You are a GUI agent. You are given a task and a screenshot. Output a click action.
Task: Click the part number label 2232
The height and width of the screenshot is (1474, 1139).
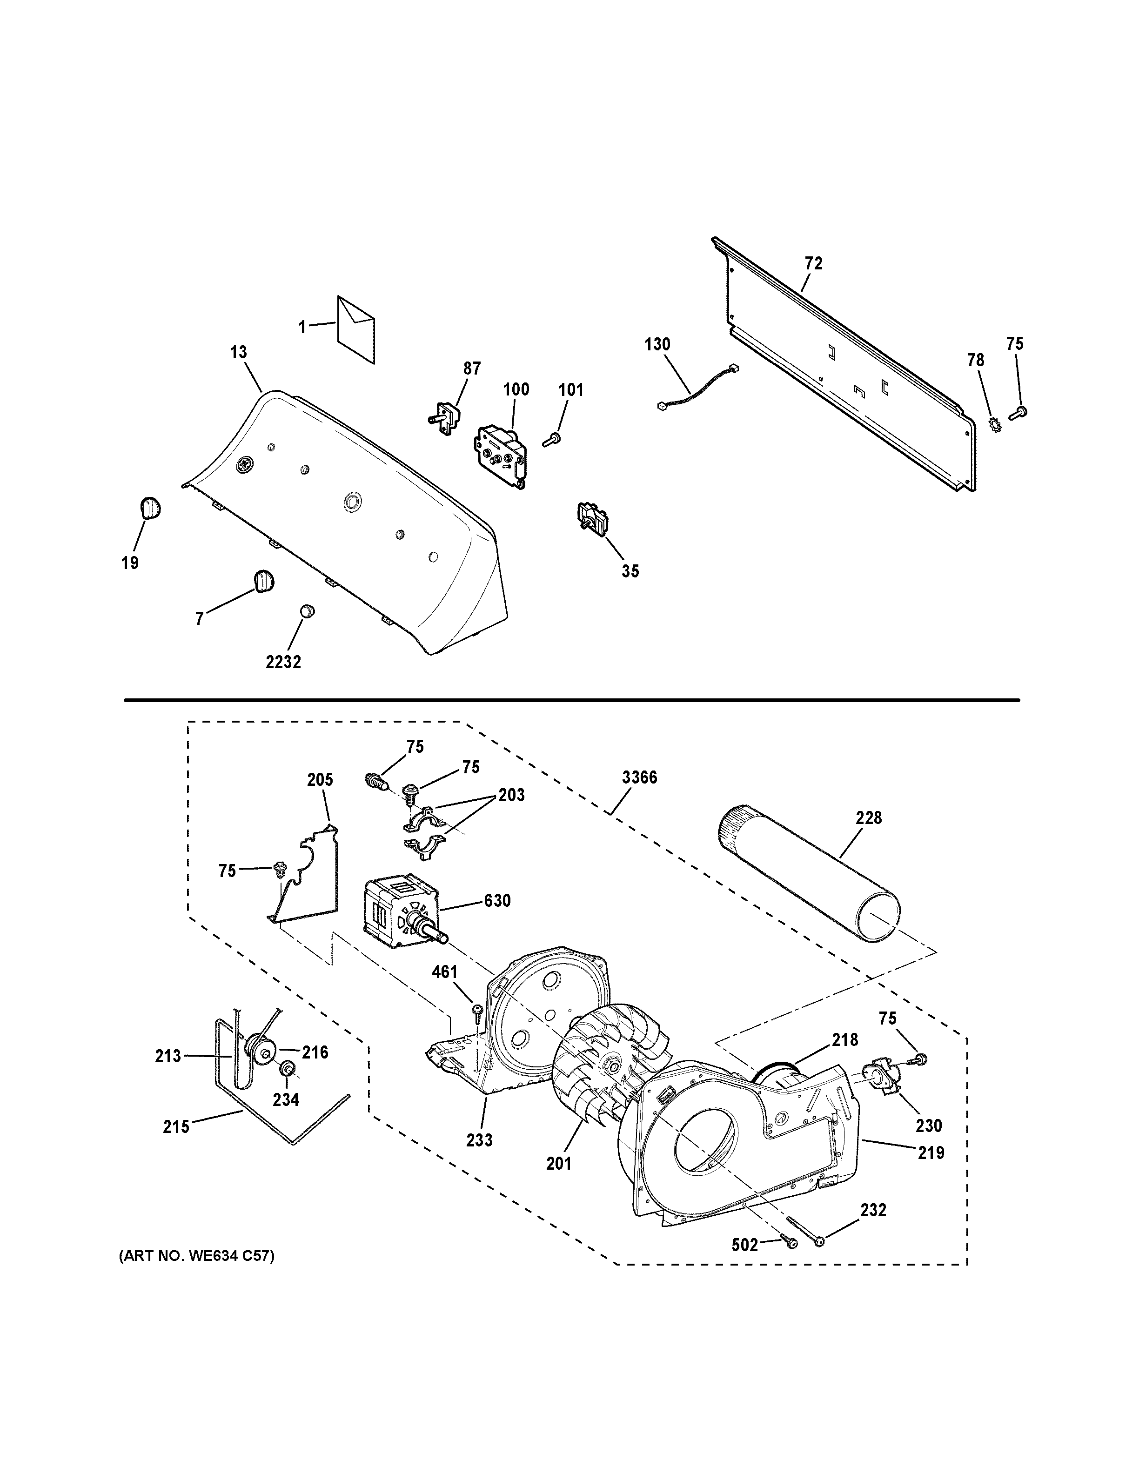[x=283, y=662]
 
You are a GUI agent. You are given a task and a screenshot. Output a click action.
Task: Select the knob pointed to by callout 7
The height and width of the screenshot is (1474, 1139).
[x=263, y=580]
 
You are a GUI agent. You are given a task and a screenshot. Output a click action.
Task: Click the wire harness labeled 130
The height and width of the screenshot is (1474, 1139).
[x=695, y=389]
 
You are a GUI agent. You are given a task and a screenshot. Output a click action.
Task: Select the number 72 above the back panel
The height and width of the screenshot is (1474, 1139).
[x=814, y=264]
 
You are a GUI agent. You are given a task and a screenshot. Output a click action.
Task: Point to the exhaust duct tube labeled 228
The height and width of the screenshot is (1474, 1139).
[x=810, y=874]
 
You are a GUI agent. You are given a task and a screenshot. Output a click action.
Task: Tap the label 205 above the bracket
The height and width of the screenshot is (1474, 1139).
[x=320, y=780]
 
